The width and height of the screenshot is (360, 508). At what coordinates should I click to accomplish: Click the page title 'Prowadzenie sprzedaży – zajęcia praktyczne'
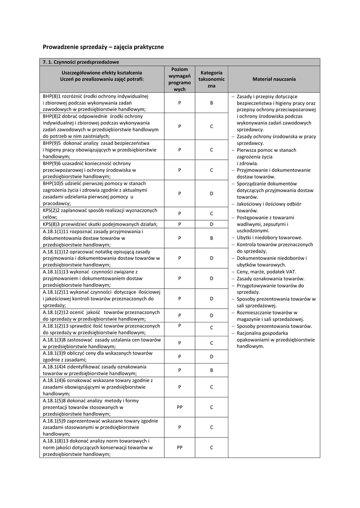click(103, 47)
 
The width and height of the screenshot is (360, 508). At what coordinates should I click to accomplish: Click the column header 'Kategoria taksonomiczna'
click(211, 79)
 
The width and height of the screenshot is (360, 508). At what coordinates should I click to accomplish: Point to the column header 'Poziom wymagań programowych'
click(179, 79)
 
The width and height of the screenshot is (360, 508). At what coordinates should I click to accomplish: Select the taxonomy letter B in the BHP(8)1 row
click(211, 103)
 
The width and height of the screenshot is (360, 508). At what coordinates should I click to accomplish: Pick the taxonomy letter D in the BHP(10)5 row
click(211, 193)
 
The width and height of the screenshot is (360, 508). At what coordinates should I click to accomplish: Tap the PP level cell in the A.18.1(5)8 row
click(179, 407)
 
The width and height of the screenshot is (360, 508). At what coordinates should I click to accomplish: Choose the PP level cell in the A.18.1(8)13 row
click(179, 447)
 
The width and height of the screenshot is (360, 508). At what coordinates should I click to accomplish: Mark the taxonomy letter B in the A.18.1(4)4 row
click(211, 370)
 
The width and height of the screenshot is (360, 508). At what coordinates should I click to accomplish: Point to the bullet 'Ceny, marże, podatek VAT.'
click(266, 272)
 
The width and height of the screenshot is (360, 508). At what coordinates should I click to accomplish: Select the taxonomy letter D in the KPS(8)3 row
click(211, 224)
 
